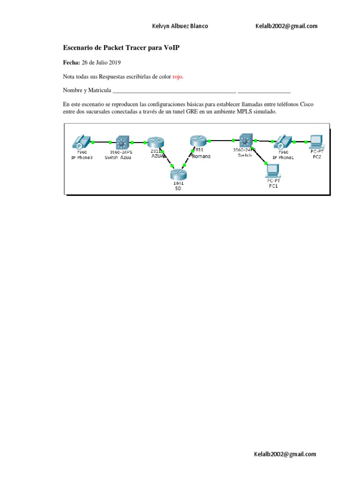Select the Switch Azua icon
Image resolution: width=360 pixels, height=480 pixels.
coord(122,142)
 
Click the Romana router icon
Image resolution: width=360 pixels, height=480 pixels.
coord(197,140)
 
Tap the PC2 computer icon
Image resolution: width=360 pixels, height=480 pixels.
coord(316,140)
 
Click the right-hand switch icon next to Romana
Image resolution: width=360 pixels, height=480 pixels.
coord(245,140)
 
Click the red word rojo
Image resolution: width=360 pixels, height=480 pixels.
coord(178,76)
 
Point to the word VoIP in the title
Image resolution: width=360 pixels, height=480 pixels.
coord(172,48)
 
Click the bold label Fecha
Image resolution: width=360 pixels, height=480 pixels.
coord(71,62)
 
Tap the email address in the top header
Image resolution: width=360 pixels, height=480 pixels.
coord(286,26)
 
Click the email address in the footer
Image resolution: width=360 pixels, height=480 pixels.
coord(285,454)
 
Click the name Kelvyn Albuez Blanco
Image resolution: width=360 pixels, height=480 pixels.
coord(180,26)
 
